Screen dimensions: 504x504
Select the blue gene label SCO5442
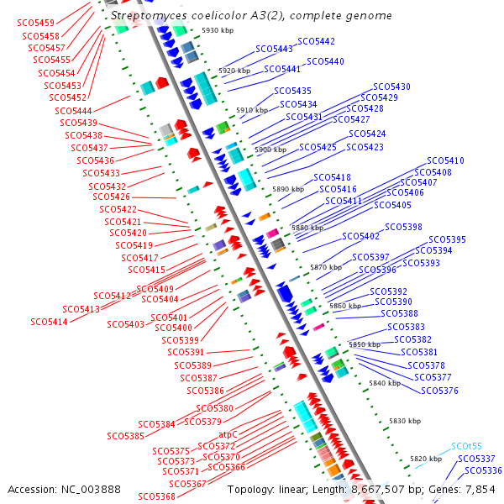[316, 41]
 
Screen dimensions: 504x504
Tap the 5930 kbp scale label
[218, 30]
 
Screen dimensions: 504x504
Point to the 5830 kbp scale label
[404, 421]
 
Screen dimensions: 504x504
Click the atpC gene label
[228, 435]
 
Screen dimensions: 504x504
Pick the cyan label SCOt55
[466, 446]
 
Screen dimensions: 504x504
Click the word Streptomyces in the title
[144, 16]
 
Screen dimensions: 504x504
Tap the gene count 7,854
[483, 489]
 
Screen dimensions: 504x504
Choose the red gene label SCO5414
[49, 322]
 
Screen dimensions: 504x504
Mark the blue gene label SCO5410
[445, 160]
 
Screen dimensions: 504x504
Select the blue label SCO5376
[439, 391]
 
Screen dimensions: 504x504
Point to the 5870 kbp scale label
[326, 267]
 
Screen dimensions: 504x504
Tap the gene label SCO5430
[391, 87]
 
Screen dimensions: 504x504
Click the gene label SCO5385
[126, 436]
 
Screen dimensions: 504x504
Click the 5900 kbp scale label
[270, 150]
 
